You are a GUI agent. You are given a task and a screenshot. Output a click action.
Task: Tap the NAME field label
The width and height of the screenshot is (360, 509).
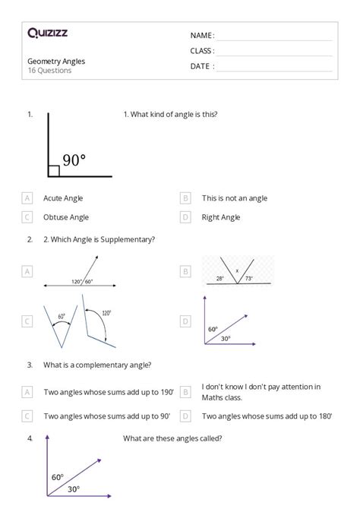tap(202, 36)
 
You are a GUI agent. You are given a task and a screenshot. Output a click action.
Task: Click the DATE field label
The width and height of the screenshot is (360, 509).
tap(202, 66)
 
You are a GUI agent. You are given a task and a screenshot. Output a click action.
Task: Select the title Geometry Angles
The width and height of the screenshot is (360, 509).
tap(56, 61)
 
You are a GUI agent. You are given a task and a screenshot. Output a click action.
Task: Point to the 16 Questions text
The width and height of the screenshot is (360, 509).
tap(49, 71)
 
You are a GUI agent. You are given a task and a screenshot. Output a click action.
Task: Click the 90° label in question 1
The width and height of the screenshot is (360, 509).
tap(74, 160)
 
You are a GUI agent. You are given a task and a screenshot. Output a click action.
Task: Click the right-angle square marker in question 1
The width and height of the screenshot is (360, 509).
tap(54, 171)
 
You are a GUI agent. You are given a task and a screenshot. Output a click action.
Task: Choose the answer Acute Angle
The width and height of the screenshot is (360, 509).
tap(64, 198)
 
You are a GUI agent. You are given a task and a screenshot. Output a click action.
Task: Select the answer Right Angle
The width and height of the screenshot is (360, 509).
tap(221, 217)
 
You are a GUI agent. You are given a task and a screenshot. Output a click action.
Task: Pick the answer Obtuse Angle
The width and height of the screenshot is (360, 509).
tap(66, 217)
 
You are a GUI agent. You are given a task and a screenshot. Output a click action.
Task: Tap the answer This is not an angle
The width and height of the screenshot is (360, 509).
tap(235, 198)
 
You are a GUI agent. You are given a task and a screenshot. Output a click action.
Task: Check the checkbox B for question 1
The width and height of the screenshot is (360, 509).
tap(185, 198)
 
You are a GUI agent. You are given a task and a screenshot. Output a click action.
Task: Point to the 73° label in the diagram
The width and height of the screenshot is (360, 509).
tap(248, 279)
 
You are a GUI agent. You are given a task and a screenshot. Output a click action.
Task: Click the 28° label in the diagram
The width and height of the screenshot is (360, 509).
tap(219, 279)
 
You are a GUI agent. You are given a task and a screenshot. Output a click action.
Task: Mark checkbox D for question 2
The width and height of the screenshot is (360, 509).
tap(185, 321)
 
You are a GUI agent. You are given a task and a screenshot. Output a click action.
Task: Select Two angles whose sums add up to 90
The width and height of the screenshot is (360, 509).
tap(106, 416)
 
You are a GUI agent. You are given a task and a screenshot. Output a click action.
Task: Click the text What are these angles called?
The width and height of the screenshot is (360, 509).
tap(172, 438)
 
